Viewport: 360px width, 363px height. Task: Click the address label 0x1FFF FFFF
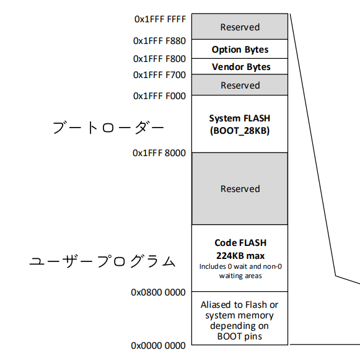pyautogui.click(x=159, y=19)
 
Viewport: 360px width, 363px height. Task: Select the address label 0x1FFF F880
pyautogui.click(x=159, y=41)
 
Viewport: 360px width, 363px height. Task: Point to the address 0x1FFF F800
pyautogui.click(x=159, y=59)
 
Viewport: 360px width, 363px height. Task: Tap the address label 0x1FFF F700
pyautogui.click(x=159, y=75)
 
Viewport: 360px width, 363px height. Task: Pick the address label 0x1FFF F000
pyautogui.click(x=159, y=96)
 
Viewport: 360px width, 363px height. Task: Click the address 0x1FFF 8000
pyautogui.click(x=159, y=153)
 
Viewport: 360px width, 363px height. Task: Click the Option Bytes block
pyautogui.click(x=240, y=50)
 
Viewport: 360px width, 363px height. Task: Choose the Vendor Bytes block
pyautogui.click(x=240, y=67)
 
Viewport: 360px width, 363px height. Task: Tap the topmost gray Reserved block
pyautogui.click(x=240, y=27)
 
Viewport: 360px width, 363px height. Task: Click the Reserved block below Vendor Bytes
pyautogui.click(x=240, y=85)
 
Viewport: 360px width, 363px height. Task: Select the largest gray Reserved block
pyautogui.click(x=240, y=189)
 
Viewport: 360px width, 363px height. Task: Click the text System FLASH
pyautogui.click(x=240, y=118)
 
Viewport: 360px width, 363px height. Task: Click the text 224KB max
pyautogui.click(x=240, y=255)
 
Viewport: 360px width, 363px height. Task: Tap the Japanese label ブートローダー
pyautogui.click(x=108, y=128)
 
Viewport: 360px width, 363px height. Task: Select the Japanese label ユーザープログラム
pyautogui.click(x=103, y=262)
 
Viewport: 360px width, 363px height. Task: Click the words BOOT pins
pyautogui.click(x=240, y=336)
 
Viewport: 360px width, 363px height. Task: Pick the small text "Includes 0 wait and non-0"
pyautogui.click(x=240, y=266)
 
